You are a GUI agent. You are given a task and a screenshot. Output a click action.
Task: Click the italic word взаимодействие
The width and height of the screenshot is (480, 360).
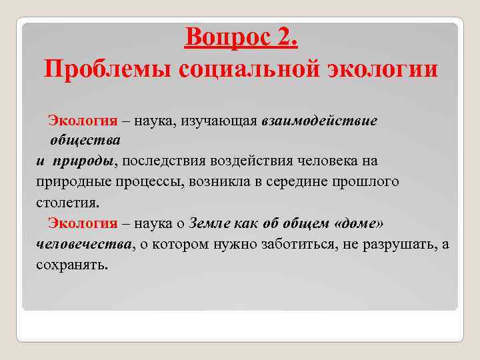(x=319, y=121)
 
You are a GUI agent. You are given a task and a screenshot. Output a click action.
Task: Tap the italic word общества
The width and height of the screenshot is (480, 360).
(x=85, y=141)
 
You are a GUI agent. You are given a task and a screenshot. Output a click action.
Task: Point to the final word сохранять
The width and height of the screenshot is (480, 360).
(x=71, y=265)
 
